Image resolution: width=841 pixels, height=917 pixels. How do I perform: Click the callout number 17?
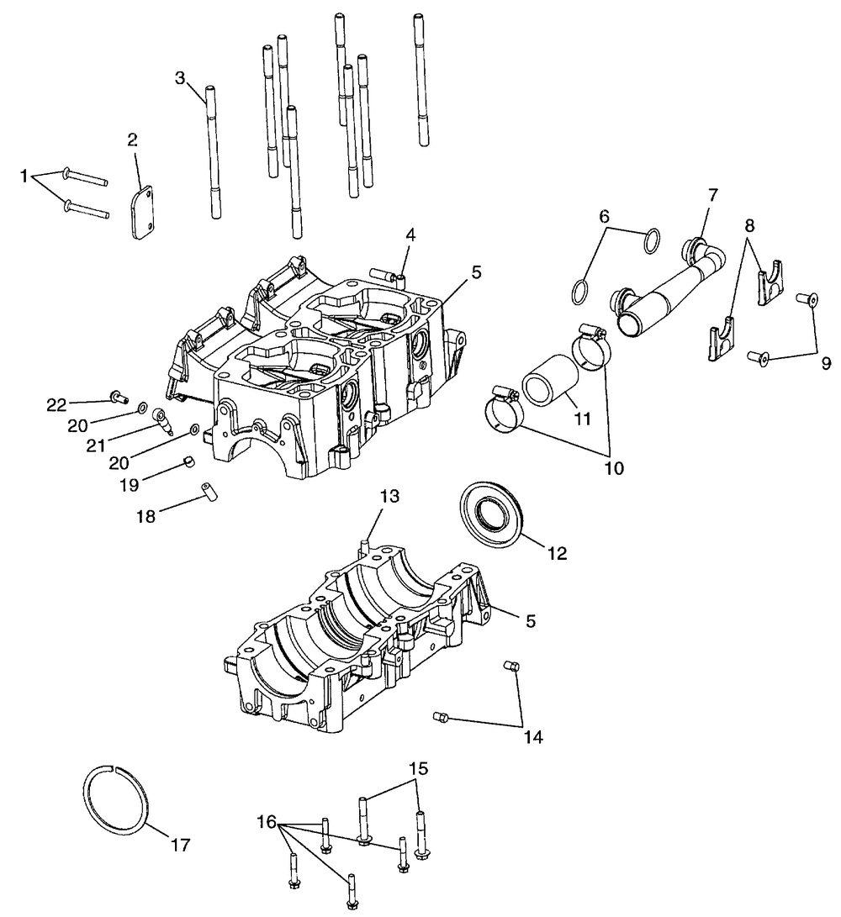click(180, 844)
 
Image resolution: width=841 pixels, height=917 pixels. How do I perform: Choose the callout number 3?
click(180, 78)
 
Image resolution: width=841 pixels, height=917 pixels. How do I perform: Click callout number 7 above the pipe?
click(713, 195)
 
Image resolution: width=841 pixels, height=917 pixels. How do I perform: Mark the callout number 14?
click(533, 737)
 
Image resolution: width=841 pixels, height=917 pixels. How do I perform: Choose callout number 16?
click(266, 821)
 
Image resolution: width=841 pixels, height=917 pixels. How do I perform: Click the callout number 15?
click(419, 768)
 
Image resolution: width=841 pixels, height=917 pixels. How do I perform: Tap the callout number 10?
click(613, 466)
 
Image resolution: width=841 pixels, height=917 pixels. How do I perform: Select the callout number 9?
click(826, 363)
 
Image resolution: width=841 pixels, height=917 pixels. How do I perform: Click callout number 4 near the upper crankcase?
click(410, 235)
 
